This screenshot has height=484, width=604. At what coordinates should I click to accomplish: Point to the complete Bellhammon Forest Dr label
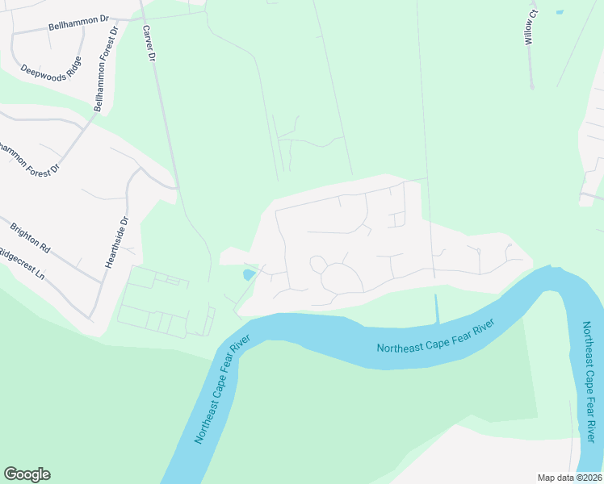point(106,69)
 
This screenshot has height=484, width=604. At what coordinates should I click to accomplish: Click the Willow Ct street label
point(530,26)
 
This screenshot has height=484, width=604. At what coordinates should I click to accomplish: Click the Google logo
point(27,474)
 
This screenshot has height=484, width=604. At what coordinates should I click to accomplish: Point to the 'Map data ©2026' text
point(568,478)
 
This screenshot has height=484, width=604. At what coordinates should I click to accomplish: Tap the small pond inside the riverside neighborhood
point(249,275)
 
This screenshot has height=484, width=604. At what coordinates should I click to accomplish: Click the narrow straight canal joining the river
point(437,309)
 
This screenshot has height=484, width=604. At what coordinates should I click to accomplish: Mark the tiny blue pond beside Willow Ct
point(558,12)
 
